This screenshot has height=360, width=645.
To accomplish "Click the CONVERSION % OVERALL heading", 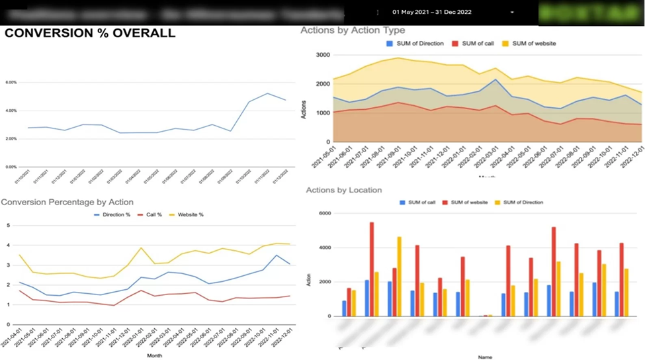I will [90, 33].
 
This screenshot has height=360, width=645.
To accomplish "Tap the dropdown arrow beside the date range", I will [512, 13].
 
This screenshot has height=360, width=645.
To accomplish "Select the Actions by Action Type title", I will [353, 30].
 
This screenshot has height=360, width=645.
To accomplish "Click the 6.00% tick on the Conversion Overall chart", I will [11, 83].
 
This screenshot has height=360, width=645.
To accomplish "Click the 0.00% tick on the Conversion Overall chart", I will [11, 167].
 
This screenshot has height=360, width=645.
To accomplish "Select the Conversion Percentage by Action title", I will [67, 202].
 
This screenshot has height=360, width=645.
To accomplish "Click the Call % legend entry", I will [150, 214].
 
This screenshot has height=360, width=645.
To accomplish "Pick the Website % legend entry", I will [187, 214].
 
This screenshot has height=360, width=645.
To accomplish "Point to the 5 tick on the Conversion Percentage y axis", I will [8, 226].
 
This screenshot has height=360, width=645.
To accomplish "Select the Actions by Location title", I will [343, 191].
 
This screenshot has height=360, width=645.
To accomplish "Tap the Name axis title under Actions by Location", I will [486, 357].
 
